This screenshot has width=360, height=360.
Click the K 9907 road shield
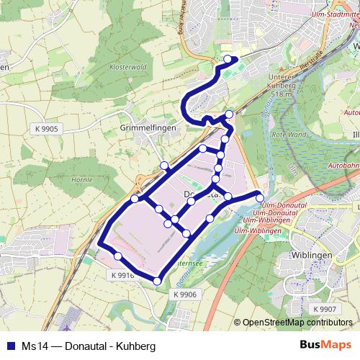324,309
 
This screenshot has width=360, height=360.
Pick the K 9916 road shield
123,275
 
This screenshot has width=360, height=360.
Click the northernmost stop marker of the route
228,59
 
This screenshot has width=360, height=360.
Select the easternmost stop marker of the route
259,197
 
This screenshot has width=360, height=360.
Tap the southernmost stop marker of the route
157,280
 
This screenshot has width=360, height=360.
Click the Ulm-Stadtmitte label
330,13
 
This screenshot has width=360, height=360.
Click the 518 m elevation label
276,94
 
